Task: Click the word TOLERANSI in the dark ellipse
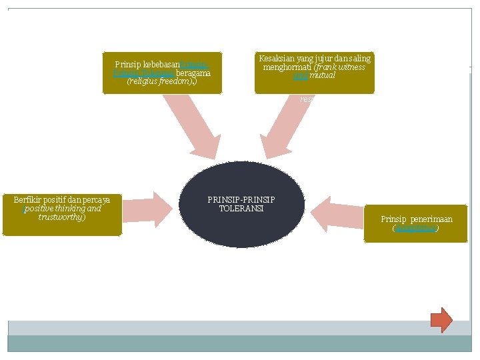(241, 208)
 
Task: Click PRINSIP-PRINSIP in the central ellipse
(241, 199)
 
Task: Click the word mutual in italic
(322, 76)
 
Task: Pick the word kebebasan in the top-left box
(161, 65)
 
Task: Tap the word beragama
(193, 73)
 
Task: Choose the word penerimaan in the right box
(429, 219)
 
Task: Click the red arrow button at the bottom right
(441, 319)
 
